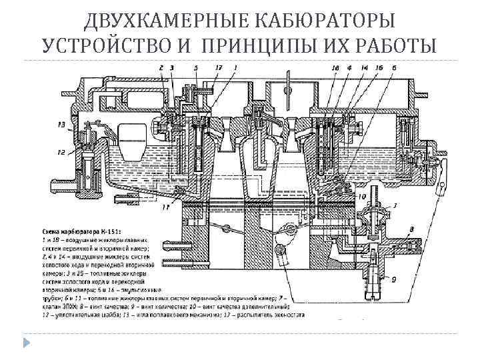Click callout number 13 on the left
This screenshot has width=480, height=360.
(62, 124)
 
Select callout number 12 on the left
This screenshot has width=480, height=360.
(62, 152)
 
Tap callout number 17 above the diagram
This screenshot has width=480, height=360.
(219, 67)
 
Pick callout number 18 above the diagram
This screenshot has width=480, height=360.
(335, 67)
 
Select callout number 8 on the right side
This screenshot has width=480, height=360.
(411, 229)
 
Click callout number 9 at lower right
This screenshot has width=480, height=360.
(393, 279)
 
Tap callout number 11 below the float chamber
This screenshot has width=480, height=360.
(165, 208)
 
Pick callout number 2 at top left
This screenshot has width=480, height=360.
(161, 67)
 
